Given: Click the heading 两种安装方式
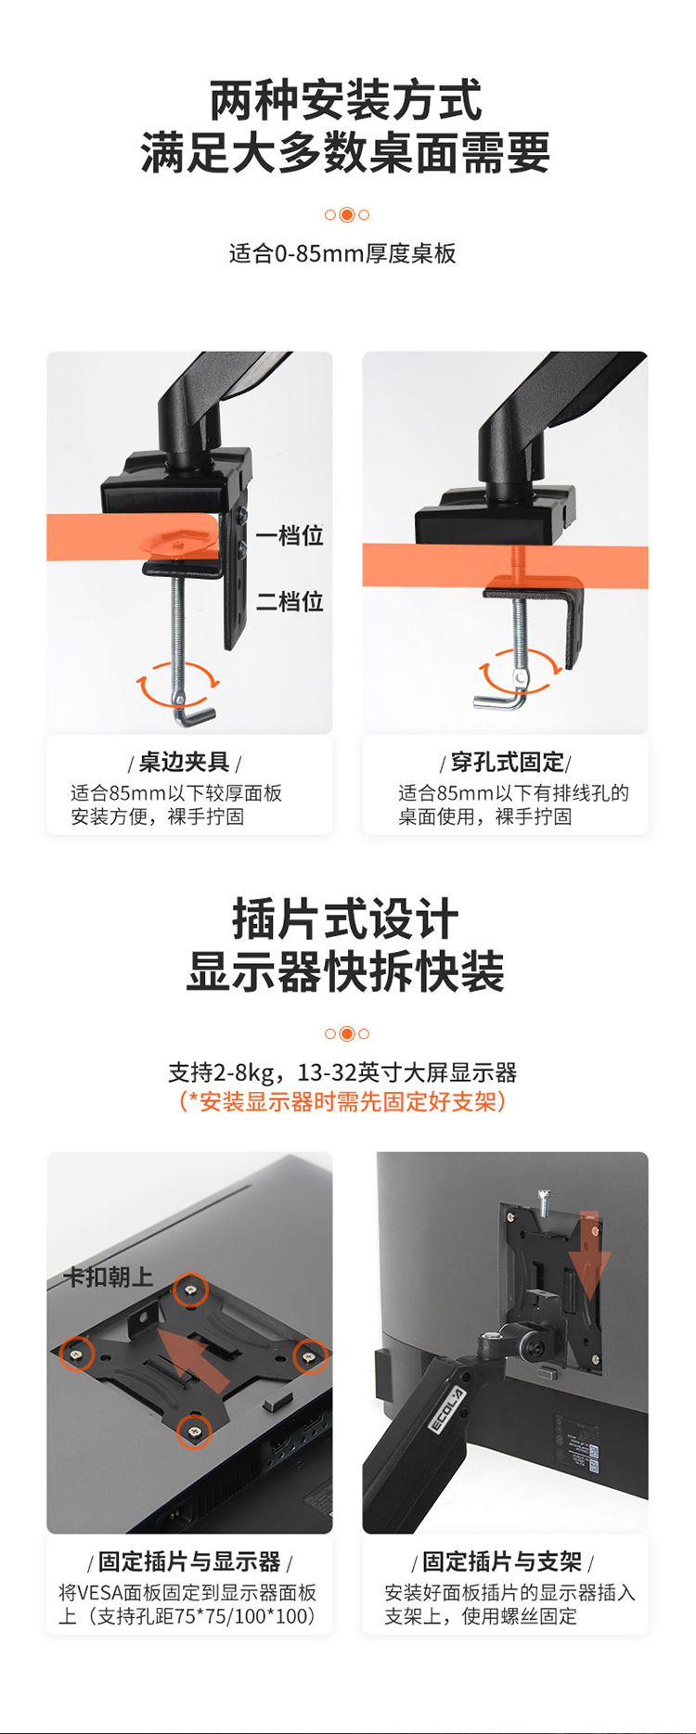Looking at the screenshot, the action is point(346,100).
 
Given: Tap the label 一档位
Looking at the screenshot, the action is point(290,535).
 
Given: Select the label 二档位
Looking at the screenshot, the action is point(290,601).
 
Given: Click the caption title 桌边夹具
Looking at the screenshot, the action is point(185,762).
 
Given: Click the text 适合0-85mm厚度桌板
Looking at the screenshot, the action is point(342,253).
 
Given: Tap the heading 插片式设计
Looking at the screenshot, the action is point(345,919).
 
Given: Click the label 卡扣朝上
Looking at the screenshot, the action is point(108,1277).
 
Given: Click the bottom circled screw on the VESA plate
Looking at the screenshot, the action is point(193,1432).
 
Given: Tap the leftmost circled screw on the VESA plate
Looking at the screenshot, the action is point(76,1354).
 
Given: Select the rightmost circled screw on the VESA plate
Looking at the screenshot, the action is point(309,1356).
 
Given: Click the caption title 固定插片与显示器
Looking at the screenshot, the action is point(189,1561).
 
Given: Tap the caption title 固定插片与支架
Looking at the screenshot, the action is point(502,1561).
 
